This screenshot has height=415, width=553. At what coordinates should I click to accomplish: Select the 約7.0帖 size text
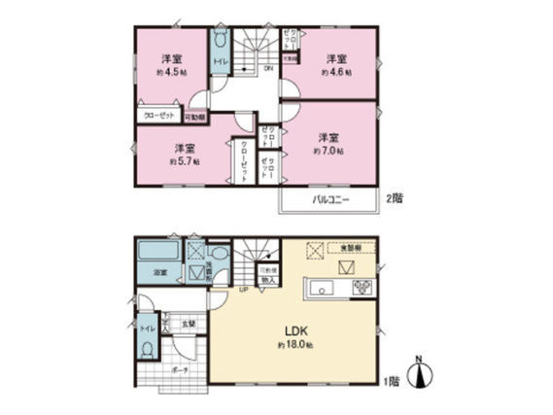tap(326, 152)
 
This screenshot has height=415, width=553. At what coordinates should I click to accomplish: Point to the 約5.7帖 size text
tap(184, 161)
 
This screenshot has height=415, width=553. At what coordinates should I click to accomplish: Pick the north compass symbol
tap(419, 373)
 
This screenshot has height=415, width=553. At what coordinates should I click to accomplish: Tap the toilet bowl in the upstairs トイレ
tap(221, 42)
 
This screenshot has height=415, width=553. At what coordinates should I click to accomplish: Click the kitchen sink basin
tap(324, 286)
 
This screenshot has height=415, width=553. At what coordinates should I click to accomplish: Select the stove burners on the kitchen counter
tap(362, 286)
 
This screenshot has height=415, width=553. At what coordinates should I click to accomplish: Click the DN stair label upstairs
tap(268, 68)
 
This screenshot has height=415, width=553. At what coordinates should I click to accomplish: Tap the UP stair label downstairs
tap(245, 290)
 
